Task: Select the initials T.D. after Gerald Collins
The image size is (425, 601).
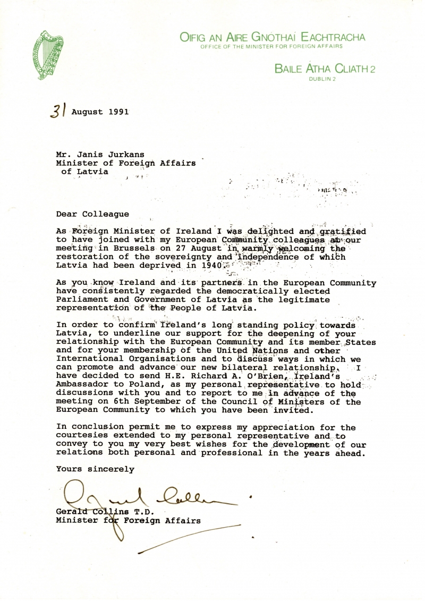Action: coord(143,512)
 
